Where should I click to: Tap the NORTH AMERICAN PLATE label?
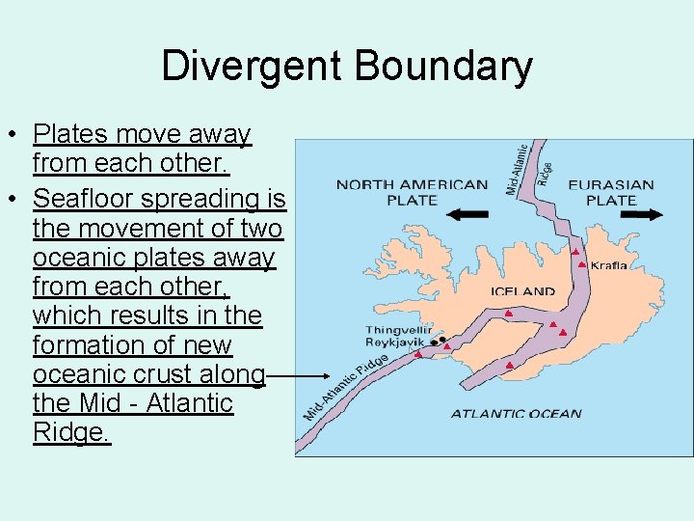tap(412, 192)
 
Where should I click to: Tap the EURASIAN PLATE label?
tap(611, 192)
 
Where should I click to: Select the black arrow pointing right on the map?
tap(642, 215)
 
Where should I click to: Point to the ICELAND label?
tap(523, 290)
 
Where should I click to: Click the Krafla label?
tap(608, 265)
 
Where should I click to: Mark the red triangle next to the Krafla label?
tap(582, 263)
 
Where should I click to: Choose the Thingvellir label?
tap(398, 330)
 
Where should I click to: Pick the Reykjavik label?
tap(395, 343)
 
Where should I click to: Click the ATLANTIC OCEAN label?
tap(516, 414)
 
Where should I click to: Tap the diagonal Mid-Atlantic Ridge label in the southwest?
tap(346, 387)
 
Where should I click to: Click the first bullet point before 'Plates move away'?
tap(17, 135)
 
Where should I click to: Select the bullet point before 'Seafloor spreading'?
tap(17, 200)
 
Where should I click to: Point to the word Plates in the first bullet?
tap(65, 134)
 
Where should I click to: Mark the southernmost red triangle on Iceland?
tap(509, 365)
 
